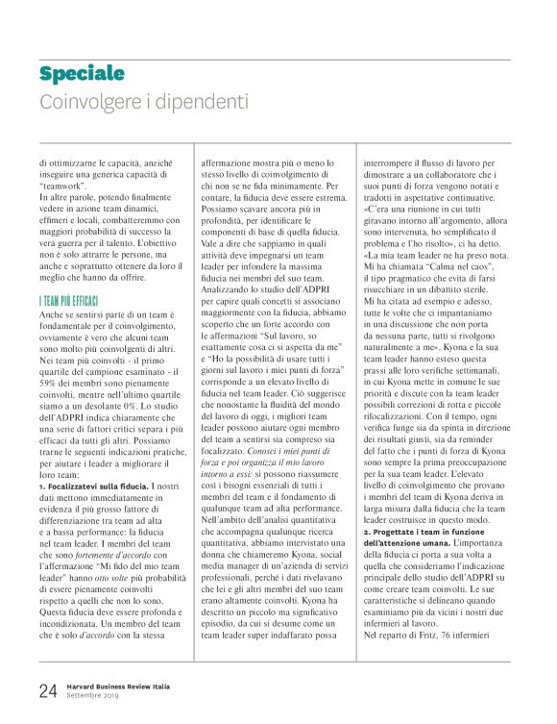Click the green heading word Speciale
click(83, 74)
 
